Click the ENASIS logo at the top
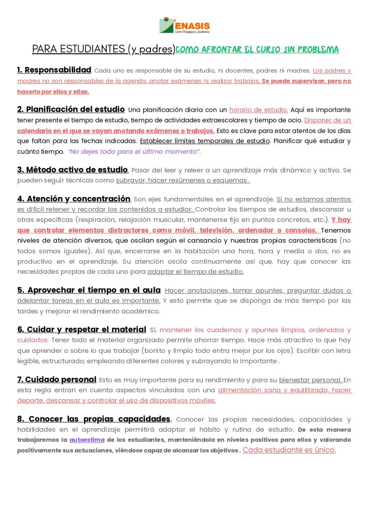[184, 26]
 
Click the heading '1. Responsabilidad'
[54, 70]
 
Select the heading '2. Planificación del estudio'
[71, 109]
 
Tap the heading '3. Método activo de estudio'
[72, 170]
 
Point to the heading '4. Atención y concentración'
[74, 199]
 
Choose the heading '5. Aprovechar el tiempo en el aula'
[89, 290]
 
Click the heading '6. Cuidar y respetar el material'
[81, 330]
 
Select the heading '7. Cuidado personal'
[56, 379]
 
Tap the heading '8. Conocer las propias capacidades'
[94, 419]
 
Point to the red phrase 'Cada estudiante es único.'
[289, 450]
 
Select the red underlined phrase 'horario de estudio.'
[259, 110]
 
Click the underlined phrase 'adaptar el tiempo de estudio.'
[196, 271]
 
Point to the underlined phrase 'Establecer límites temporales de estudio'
[204, 141]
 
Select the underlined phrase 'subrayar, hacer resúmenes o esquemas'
[182, 180]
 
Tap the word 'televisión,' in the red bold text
[205, 230]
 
